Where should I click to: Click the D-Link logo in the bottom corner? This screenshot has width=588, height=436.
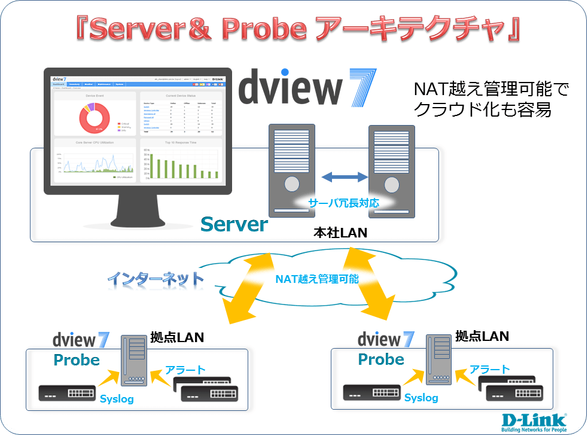(x=534, y=420)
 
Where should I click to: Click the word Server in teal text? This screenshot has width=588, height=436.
(x=234, y=224)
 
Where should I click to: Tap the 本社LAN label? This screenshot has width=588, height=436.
(x=340, y=232)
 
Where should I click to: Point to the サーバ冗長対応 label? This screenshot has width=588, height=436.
(x=343, y=203)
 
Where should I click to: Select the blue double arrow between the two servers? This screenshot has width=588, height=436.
(x=344, y=176)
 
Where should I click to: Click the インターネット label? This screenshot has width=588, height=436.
(x=155, y=279)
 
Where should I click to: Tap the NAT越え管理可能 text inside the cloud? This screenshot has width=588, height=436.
(x=317, y=278)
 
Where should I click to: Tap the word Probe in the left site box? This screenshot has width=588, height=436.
(x=77, y=360)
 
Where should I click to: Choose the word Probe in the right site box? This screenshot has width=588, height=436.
(x=381, y=359)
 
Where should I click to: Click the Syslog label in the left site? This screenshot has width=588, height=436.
(x=117, y=399)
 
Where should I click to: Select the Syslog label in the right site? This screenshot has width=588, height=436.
(x=421, y=398)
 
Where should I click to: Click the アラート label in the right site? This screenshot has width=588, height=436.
(x=490, y=369)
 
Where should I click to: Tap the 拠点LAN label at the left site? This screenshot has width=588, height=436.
(x=178, y=338)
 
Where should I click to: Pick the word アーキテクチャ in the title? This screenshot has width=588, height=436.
(x=418, y=30)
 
